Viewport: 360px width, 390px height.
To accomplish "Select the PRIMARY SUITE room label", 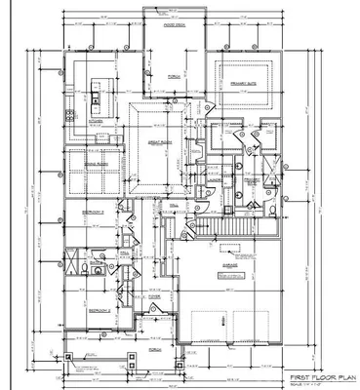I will (x=236, y=84).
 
